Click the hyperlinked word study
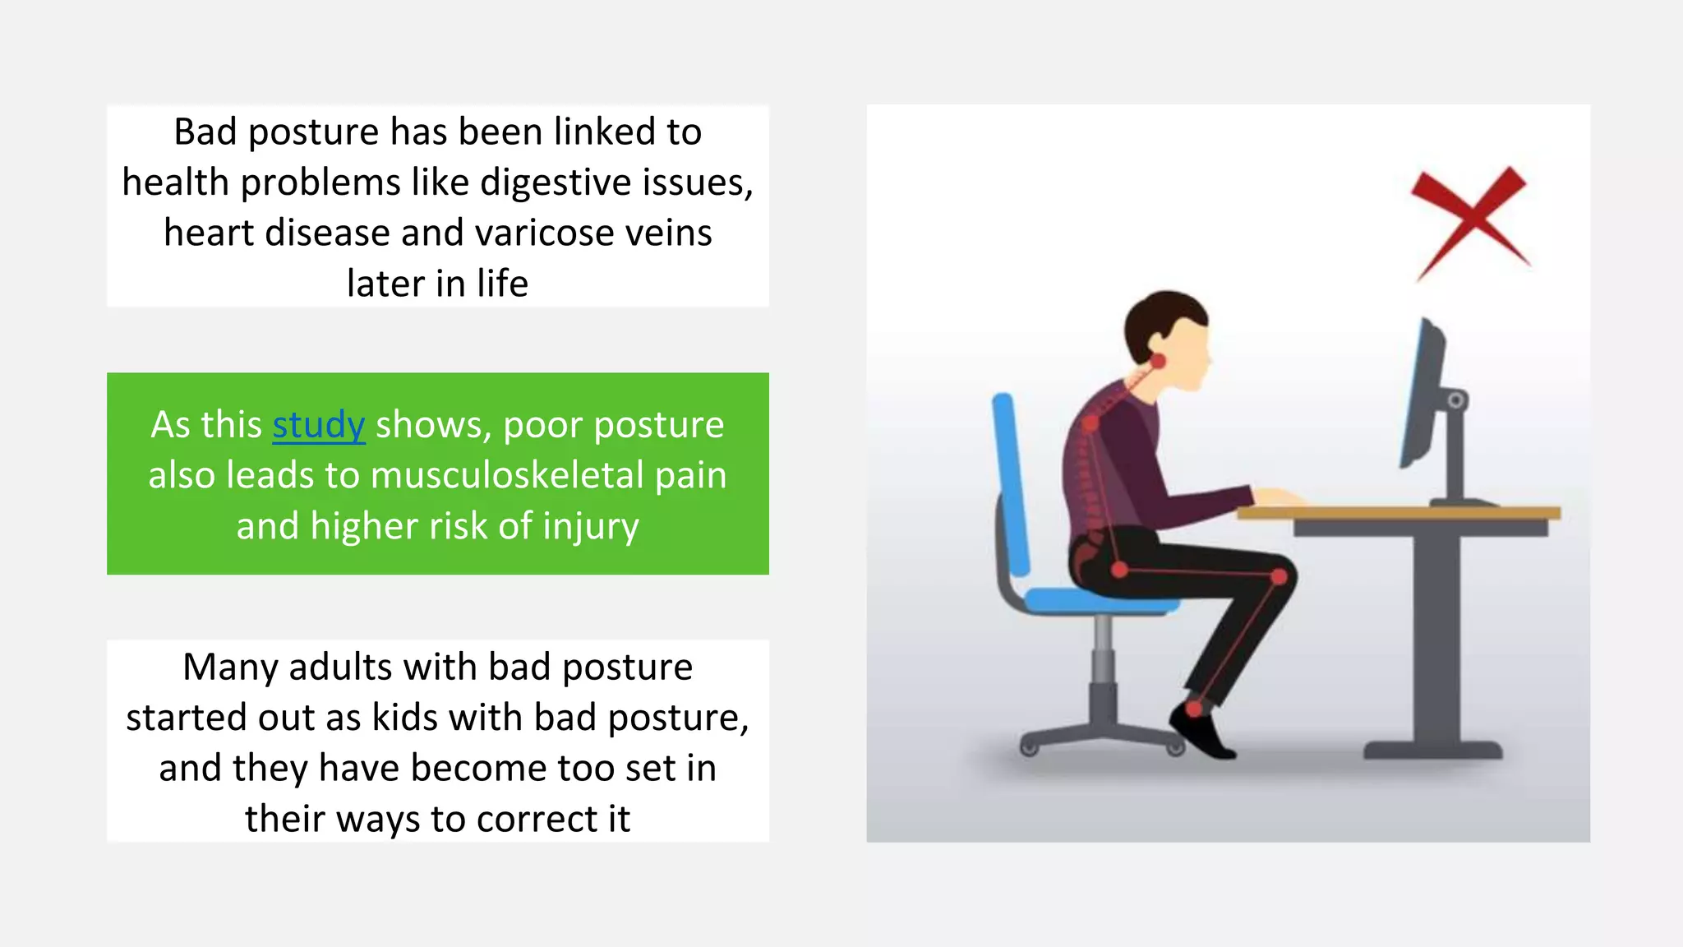[x=318, y=425]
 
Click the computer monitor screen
[x=1422, y=395]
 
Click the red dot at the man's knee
[x=1279, y=578]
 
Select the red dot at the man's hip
[x=1119, y=569]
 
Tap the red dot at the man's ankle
[x=1195, y=708]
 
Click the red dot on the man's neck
[x=1157, y=361]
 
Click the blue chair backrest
[x=1010, y=485]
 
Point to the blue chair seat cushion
[x=1101, y=601]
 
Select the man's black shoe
[x=1201, y=732]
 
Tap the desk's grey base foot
[x=1432, y=750]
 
